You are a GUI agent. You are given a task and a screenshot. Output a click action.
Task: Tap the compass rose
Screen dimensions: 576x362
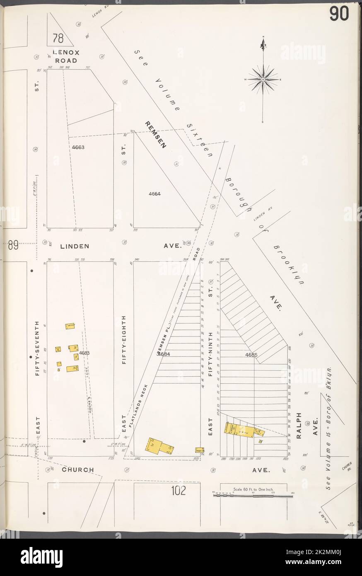click(263, 79)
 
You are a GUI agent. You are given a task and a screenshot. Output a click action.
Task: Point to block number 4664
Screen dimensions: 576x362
click(154, 193)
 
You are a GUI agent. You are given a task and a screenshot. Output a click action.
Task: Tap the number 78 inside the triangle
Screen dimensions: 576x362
click(58, 39)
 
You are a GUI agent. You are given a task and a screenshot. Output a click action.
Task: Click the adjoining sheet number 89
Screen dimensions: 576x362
click(12, 245)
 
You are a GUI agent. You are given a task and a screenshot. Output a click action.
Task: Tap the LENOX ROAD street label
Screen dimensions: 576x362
click(65, 56)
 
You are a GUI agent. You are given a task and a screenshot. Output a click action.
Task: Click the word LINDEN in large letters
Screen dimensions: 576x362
click(75, 246)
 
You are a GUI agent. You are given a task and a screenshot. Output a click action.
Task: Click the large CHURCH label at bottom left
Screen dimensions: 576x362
click(77, 470)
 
